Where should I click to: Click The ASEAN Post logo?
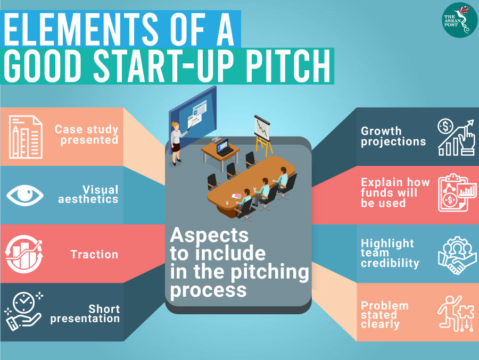click(460, 20)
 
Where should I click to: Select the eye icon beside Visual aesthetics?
click(25, 195)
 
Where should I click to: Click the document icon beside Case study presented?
click(26, 137)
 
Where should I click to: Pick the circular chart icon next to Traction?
click(24, 254)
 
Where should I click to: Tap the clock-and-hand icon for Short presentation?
click(23, 312)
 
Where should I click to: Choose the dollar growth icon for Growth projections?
click(456, 137)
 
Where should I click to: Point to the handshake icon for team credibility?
click(457, 255)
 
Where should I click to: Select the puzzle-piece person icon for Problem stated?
click(456, 314)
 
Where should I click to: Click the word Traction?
click(94, 254)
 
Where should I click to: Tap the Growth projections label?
click(393, 136)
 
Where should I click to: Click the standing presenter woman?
click(177, 143)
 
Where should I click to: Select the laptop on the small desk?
click(224, 147)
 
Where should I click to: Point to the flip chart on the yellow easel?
click(262, 128)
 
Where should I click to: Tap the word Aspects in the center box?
click(209, 236)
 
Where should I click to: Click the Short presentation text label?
click(85, 314)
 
